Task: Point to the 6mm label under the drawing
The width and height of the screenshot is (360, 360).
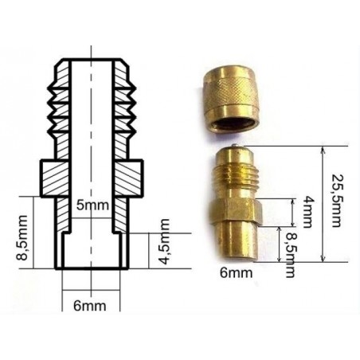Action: coord(90,306)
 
